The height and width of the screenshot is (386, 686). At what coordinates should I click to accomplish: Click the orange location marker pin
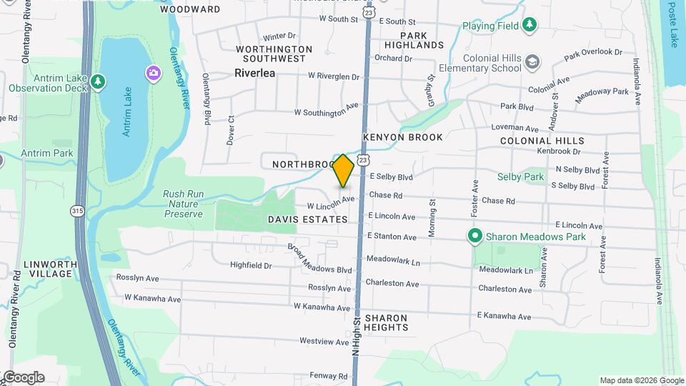click(344, 171)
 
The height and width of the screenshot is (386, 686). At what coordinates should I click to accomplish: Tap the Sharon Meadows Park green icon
click(473, 235)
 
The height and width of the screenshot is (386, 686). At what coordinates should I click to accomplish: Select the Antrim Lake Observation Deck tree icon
click(98, 82)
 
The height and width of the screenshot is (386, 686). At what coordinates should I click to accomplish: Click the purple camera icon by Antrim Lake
click(152, 73)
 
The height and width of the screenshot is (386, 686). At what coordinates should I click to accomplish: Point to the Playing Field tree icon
click(529, 26)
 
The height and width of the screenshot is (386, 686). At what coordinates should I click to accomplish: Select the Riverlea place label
click(255, 72)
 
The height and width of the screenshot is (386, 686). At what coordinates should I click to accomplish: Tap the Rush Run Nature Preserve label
click(183, 204)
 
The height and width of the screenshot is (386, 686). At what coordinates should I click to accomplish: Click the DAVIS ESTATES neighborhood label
click(307, 219)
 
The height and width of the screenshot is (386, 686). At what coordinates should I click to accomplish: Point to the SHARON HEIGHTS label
click(386, 322)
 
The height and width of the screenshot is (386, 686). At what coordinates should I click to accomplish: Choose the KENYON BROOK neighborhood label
click(402, 137)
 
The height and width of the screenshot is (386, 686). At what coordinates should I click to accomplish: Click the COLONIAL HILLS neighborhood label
click(542, 141)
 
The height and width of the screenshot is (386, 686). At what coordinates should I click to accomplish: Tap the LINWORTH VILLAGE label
click(50, 269)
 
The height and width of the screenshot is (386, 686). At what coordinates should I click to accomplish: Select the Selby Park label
click(521, 176)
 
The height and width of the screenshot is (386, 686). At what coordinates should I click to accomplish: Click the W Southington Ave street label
click(326, 111)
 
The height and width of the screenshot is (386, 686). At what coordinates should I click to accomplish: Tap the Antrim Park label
click(47, 153)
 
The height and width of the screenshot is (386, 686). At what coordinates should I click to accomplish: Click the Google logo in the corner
click(23, 377)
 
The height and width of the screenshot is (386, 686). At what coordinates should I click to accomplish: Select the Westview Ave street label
click(324, 341)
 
